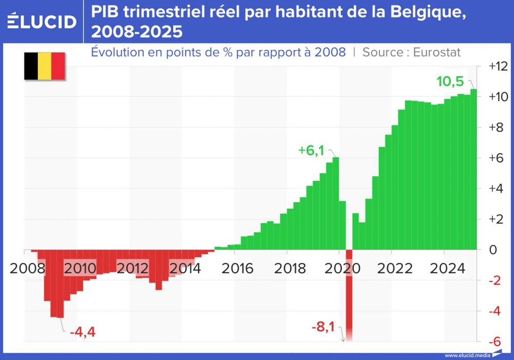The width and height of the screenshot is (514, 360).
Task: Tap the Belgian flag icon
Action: (x=44, y=66)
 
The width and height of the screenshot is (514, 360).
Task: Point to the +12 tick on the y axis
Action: (x=498, y=66)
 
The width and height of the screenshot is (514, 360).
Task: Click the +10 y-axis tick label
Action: (x=498, y=97)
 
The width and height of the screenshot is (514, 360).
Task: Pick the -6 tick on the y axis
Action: (x=494, y=342)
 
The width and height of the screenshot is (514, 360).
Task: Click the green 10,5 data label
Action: (x=450, y=82)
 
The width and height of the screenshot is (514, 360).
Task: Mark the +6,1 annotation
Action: (x=311, y=151)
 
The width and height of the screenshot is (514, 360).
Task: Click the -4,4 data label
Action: (x=83, y=331)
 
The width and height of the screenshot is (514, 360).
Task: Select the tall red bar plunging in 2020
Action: (x=349, y=293)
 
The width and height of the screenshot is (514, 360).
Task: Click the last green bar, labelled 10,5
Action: (x=473, y=170)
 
